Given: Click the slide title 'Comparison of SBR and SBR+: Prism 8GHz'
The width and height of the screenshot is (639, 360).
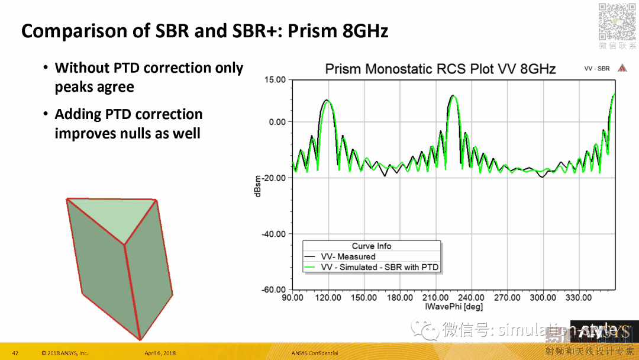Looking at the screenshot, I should [x=205, y=30].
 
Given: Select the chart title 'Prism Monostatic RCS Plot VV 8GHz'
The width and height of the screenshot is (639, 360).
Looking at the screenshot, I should [x=440, y=69].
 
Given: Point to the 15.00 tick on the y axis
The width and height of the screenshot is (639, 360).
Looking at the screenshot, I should [x=274, y=80].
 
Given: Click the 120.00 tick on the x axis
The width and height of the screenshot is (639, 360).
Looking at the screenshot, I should [x=328, y=297].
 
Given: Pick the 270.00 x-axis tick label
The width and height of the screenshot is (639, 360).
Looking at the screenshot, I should [x=507, y=297].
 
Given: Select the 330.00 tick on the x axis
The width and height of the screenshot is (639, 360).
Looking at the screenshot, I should [x=578, y=297].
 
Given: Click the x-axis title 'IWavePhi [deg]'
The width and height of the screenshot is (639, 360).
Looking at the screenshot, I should [x=453, y=307].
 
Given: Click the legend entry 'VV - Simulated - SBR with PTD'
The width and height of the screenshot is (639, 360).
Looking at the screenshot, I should [x=379, y=267].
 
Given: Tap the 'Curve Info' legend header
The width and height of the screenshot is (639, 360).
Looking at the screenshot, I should [x=372, y=246].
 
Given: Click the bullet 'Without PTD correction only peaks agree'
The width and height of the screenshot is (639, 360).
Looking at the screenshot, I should [x=149, y=78].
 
